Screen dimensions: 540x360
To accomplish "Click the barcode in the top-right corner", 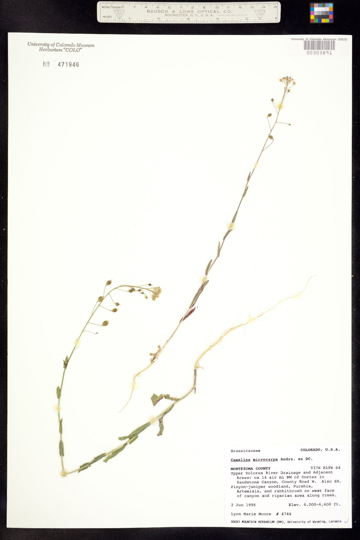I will [x=319, y=45].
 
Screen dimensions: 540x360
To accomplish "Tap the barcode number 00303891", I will [x=319, y=53].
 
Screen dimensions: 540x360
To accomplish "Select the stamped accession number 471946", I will [x=68, y=65].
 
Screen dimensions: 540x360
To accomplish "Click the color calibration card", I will [x=321, y=13].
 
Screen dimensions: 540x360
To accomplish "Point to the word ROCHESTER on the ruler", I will [x=176, y=15].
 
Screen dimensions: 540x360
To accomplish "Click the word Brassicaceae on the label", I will [x=245, y=451].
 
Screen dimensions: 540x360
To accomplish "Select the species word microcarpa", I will [x=265, y=460].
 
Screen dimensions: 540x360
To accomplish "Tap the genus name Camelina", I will [x=240, y=460].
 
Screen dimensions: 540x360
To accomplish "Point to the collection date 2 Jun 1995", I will [x=243, y=505].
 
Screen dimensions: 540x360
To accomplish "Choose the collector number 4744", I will [x=286, y=514].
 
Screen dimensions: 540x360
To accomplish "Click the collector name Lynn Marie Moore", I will [x=251, y=514].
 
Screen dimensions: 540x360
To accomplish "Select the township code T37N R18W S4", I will [x=325, y=468].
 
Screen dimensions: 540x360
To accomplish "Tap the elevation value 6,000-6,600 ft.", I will [x=322, y=505].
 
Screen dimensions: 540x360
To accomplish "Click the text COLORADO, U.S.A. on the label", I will [x=320, y=450].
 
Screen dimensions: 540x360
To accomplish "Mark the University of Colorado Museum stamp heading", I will [x=61, y=45].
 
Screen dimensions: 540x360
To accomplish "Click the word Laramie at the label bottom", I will [x=335, y=521].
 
